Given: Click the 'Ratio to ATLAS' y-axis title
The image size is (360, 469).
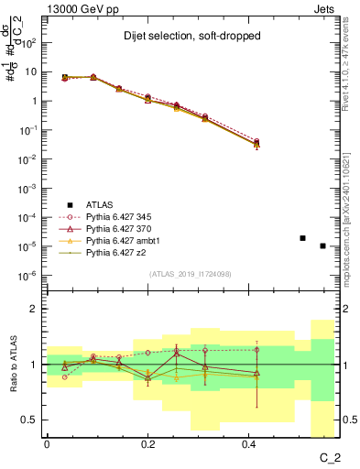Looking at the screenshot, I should coord(12,364).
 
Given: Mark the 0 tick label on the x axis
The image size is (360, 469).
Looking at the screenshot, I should coord(46,442).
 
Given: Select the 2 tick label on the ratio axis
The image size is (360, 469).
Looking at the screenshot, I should coord(34,310).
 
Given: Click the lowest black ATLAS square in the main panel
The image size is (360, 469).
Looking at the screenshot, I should coord(322,245).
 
